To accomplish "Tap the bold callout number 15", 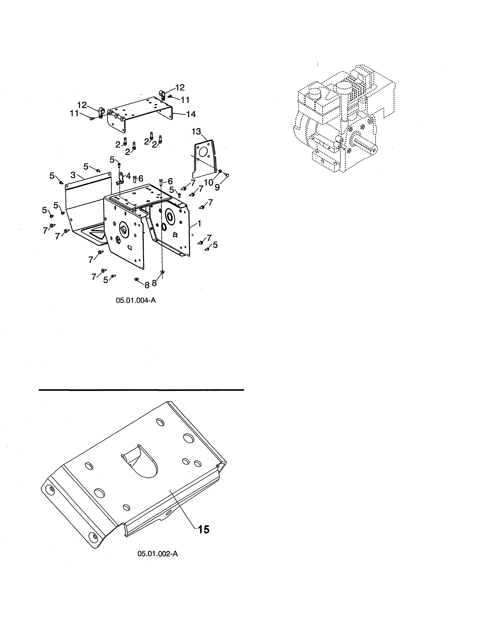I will point(203,530).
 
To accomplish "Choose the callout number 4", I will point(128,176).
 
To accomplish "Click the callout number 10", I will point(208,183).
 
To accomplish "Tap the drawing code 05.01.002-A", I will point(157,554).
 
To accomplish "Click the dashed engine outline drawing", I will point(344,119).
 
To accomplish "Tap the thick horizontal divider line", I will point(141,390).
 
